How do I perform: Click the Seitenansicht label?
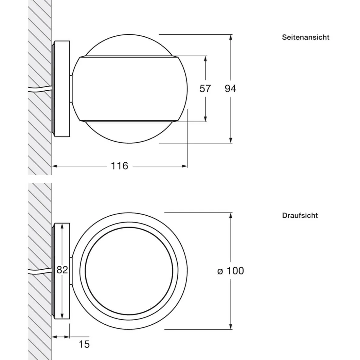[x=305, y=37]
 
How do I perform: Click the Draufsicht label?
[x=300, y=215]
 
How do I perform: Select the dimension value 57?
[x=205, y=89]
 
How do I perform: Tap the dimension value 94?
[x=230, y=89]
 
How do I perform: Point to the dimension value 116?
[x=119, y=166]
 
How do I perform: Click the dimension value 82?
[x=62, y=270]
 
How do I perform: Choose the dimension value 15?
[x=84, y=344]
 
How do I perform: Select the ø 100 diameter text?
[x=231, y=271]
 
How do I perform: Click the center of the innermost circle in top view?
[x=128, y=271]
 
